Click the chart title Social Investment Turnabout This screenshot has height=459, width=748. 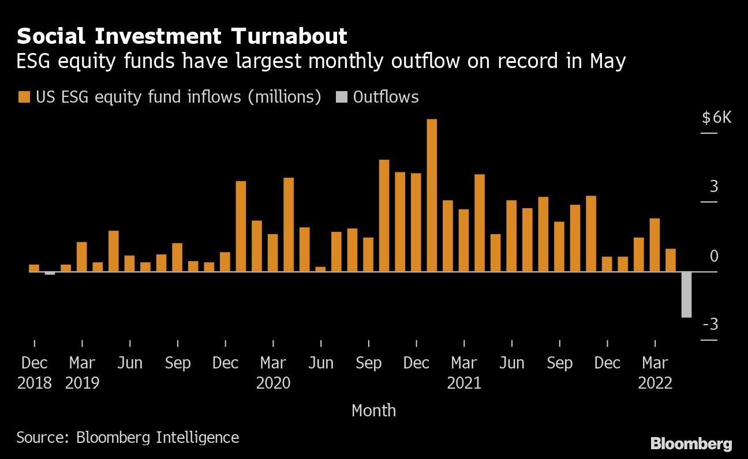pos(182,36)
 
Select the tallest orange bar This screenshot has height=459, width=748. pos(432,195)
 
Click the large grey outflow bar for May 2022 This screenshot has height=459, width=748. pos(686,294)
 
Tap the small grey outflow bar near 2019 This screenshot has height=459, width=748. pos(50,273)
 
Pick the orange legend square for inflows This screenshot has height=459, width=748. pos(24,97)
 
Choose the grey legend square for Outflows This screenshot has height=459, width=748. pos(341,97)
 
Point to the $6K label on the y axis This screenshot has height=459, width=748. pos(716,118)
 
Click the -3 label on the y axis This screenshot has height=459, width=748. pos(710,325)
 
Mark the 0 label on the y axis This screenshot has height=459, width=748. pos(714,256)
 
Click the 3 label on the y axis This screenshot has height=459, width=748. pos(714,187)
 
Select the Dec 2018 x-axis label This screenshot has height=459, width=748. pos(35,373)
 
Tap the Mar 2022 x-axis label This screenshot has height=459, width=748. pos(655,373)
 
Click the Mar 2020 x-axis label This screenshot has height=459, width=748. pos(273,373)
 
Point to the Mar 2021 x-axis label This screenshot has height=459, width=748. pos(464,373)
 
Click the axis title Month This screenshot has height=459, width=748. pos(373,411)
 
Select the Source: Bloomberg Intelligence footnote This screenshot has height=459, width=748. pos(128,437)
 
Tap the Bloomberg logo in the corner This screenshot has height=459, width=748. pos(691,444)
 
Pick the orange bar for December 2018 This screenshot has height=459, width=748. pos(34,268)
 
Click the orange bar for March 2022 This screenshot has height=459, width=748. pos(654,244)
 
